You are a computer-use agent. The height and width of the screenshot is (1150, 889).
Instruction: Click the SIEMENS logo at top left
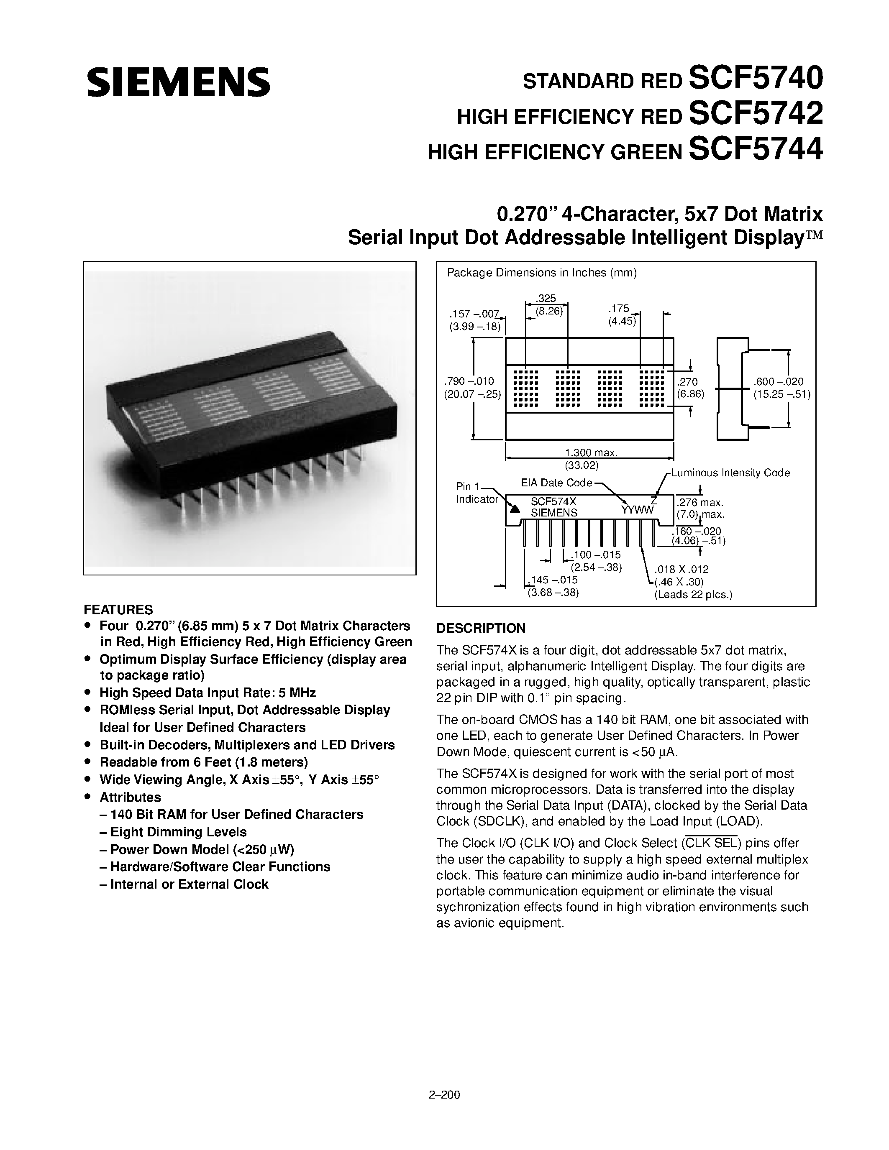(178, 82)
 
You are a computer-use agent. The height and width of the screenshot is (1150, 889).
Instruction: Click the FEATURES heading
(118, 610)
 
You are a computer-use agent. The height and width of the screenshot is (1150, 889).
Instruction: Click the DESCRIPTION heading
(481, 628)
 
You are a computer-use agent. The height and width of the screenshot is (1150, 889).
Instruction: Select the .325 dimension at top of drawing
(546, 299)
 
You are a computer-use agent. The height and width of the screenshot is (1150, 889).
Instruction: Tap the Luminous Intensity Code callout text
(730, 473)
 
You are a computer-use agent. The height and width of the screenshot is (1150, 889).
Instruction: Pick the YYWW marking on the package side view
(637, 510)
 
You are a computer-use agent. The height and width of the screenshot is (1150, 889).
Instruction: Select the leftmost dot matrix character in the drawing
(525, 388)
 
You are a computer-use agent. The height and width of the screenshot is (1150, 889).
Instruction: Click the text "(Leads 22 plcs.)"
(693, 595)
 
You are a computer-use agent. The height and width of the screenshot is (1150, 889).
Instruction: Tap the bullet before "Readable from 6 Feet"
(88, 762)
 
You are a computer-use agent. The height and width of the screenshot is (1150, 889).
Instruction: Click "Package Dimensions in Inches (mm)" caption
(541, 273)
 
